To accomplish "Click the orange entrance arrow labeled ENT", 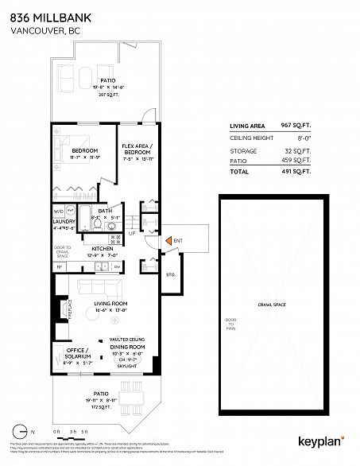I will (167, 241).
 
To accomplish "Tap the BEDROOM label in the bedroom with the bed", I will (83, 151).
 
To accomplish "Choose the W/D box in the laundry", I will (58, 211).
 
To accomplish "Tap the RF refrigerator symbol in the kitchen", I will (59, 267).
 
